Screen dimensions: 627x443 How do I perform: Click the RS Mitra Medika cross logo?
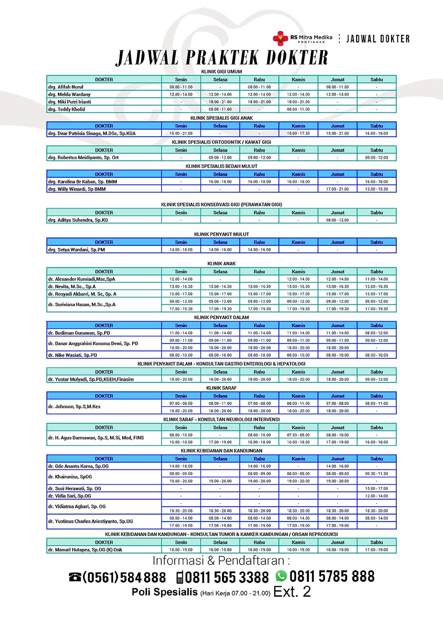pos(281,38)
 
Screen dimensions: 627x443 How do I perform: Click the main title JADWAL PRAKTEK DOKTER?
pos(222,58)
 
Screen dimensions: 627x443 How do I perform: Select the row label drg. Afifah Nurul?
pos(66,87)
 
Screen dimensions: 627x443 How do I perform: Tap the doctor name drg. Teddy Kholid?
pos(66,109)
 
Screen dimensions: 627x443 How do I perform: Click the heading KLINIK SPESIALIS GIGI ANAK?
pos(221,118)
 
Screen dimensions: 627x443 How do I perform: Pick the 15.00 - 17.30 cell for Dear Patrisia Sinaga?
pos(298,133)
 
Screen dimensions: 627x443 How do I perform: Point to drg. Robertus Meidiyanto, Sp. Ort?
pos(83,158)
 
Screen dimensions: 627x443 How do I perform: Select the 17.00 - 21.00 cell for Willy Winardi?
pos(337,189)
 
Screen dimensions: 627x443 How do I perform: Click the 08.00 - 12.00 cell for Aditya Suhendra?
pos(337,220)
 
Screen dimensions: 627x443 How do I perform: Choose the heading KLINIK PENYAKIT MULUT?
pos(221,234)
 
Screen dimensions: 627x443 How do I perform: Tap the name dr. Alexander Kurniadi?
pos(82,279)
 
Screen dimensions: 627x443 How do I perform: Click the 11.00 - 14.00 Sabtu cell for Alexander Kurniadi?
pos(376,279)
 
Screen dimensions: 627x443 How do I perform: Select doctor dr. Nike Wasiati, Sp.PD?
pos(73,355)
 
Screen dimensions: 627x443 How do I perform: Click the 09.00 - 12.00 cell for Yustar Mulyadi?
pos(376,379)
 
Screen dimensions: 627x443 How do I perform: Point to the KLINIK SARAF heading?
pos(221,388)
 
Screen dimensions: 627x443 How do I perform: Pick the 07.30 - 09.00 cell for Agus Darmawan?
pos(298,435)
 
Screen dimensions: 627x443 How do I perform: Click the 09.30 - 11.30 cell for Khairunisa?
pos(376,474)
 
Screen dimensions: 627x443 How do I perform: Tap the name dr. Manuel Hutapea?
pos(85,550)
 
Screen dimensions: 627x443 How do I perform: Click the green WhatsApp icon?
pos(281,576)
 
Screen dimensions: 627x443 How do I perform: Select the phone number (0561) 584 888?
pos(124,578)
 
